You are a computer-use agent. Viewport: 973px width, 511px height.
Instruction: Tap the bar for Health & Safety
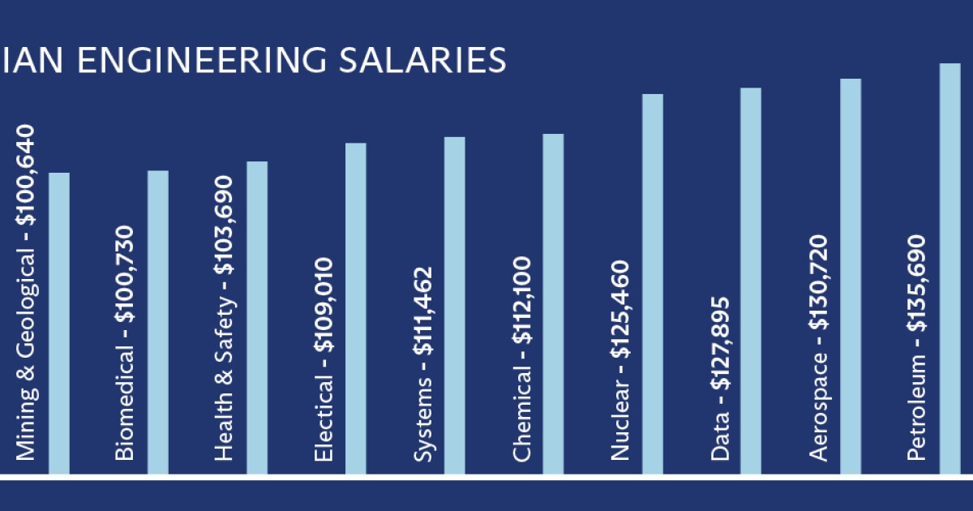[x=257, y=317]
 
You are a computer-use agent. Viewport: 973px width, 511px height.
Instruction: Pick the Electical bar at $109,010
[x=356, y=308]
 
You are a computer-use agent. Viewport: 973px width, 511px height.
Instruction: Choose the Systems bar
[x=455, y=305]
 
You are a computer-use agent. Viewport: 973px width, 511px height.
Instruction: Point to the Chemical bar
[x=553, y=303]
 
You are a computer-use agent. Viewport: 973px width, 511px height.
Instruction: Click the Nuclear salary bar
[x=653, y=284]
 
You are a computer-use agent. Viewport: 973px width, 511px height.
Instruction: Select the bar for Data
[x=751, y=281]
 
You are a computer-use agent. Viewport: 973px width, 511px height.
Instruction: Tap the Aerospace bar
[x=851, y=276]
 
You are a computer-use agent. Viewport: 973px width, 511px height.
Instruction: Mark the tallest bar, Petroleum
[x=949, y=268]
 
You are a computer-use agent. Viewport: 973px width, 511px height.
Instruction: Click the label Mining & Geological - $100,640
[x=27, y=292]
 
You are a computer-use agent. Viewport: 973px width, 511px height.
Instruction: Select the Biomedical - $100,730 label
[x=125, y=342]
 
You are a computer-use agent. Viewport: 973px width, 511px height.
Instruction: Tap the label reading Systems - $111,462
[x=423, y=364]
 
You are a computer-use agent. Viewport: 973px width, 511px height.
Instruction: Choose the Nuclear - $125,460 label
[x=620, y=360]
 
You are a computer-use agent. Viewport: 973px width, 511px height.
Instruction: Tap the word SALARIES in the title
[x=431, y=61]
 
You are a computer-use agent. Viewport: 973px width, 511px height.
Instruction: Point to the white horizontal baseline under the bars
[x=486, y=478]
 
